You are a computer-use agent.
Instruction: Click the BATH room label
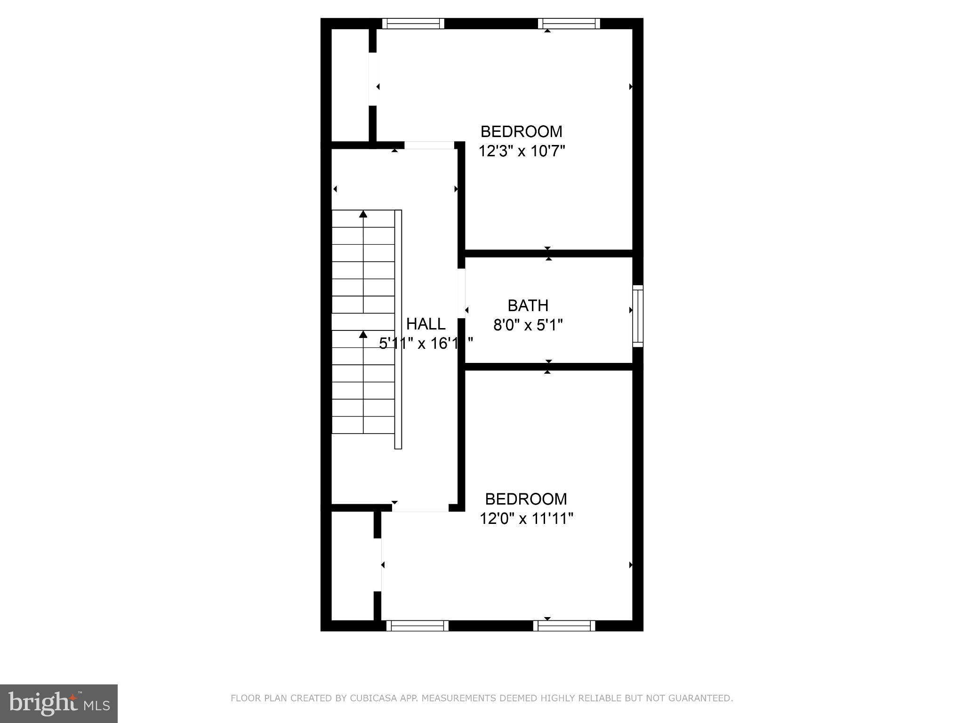point(528,305)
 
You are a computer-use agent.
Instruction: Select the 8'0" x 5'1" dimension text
point(528,325)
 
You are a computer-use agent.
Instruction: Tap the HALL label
point(426,324)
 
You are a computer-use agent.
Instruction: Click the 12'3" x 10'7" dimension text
point(521,151)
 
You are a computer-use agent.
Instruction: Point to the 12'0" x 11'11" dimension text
point(526,519)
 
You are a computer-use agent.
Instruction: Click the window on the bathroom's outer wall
point(638,316)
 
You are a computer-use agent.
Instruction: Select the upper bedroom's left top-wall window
point(413,24)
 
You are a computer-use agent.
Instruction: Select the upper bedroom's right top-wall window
point(569,24)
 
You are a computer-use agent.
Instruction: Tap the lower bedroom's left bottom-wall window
point(418,626)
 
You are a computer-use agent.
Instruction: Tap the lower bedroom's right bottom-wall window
point(564,626)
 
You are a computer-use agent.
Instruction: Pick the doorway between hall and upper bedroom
point(429,145)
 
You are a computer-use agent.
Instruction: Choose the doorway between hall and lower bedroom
point(420,508)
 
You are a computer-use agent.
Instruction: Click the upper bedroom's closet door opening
point(373,79)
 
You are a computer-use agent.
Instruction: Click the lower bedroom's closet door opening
point(378,564)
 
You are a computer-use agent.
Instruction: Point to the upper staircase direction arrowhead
point(363,214)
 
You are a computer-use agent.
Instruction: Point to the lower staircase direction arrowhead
point(363,334)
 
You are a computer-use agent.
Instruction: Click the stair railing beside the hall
point(398,329)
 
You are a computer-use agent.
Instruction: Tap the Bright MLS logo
point(59,703)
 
